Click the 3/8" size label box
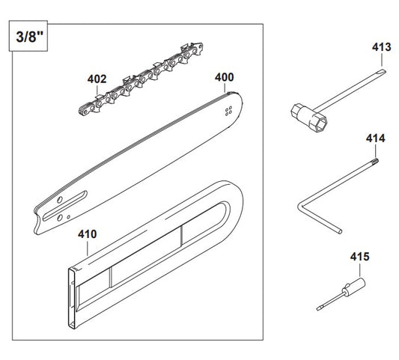click(x=27, y=37)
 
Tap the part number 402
click(x=97, y=77)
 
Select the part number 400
click(x=224, y=76)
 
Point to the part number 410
click(x=88, y=233)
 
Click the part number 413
click(x=381, y=46)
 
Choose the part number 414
click(x=375, y=138)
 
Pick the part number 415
click(x=359, y=257)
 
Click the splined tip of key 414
click(x=374, y=159)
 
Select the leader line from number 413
click(x=381, y=61)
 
